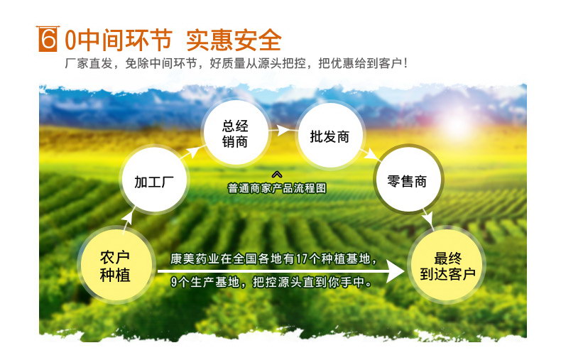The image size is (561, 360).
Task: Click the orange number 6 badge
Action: pyautogui.click(x=48, y=39)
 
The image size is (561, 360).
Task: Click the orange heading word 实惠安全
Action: pyautogui.click(x=234, y=40)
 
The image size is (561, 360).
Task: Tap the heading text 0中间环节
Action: pyautogui.click(x=119, y=39)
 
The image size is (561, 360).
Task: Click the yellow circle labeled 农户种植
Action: pyautogui.click(x=116, y=266)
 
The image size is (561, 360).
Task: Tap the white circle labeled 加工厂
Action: pyautogui.click(x=154, y=181)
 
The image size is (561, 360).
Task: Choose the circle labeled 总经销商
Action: pyautogui.click(x=235, y=133)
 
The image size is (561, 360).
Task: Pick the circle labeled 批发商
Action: pyautogui.click(x=330, y=136)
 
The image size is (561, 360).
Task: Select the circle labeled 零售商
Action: pyautogui.click(x=408, y=181)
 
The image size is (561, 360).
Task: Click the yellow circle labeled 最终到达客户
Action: pyautogui.click(x=448, y=266)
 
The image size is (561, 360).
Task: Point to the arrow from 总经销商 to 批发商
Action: pyautogui.click(x=281, y=131)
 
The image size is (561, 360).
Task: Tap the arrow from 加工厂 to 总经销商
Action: pyautogui.click(x=190, y=153)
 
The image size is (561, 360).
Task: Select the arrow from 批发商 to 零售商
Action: pyautogui.click(x=369, y=155)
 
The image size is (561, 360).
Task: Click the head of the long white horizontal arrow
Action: pyautogui.click(x=396, y=272)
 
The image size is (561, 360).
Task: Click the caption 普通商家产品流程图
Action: pyautogui.click(x=277, y=188)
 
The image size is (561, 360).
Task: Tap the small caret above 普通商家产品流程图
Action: pyautogui.click(x=277, y=174)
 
